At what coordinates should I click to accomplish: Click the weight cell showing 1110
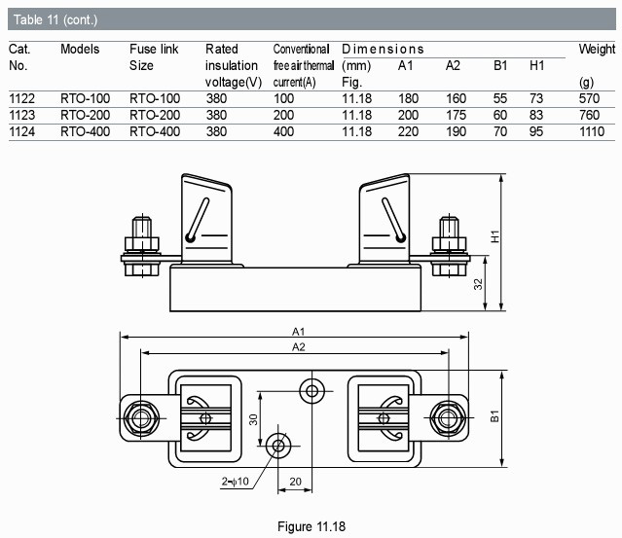[592, 131]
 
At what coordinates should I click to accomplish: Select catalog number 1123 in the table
[21, 115]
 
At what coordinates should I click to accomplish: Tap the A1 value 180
[408, 98]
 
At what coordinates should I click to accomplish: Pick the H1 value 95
[536, 131]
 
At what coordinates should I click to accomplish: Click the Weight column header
[597, 50]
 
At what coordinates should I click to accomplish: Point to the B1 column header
[500, 65]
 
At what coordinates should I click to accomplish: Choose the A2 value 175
[456, 115]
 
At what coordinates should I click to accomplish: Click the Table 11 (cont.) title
[55, 19]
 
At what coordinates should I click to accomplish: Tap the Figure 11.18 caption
[311, 526]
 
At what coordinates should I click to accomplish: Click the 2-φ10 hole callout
[235, 482]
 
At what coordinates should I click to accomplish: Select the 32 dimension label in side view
[479, 284]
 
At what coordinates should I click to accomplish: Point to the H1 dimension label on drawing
[495, 236]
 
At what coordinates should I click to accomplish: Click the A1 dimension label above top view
[298, 332]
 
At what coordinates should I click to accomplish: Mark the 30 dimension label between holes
[253, 419]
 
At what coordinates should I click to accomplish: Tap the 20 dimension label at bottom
[295, 482]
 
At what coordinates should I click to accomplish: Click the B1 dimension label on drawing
[494, 416]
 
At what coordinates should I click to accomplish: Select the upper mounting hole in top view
[312, 391]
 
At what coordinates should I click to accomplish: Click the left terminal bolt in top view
[141, 418]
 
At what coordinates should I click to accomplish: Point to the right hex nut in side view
[449, 243]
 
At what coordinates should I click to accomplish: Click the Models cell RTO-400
[85, 131]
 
